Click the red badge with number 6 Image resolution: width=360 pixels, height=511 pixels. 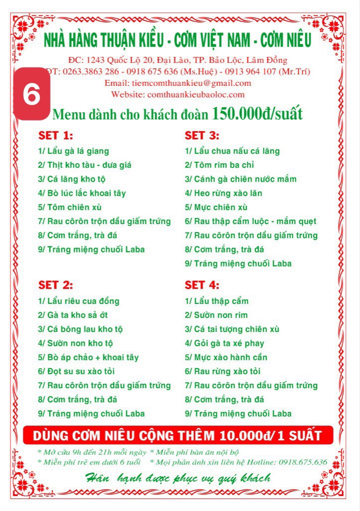click(x=31, y=94)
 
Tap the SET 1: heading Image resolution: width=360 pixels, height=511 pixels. click(x=56, y=136)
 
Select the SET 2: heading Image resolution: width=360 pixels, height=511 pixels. click(x=56, y=286)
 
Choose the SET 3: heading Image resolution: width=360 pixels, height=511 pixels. click(x=202, y=136)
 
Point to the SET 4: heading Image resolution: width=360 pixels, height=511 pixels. click(x=202, y=286)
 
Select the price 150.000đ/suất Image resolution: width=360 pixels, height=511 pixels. click(x=257, y=114)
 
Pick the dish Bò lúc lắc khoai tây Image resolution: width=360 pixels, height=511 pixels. click(x=82, y=193)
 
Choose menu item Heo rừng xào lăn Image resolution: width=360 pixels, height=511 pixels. click(x=223, y=193)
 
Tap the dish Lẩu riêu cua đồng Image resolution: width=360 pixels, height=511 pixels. click(x=79, y=301)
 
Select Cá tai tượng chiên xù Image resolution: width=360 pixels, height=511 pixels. click(x=232, y=329)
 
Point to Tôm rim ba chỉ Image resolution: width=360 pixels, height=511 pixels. click(x=219, y=165)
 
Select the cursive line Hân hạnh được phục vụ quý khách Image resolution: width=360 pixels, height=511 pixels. click(x=179, y=478)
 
